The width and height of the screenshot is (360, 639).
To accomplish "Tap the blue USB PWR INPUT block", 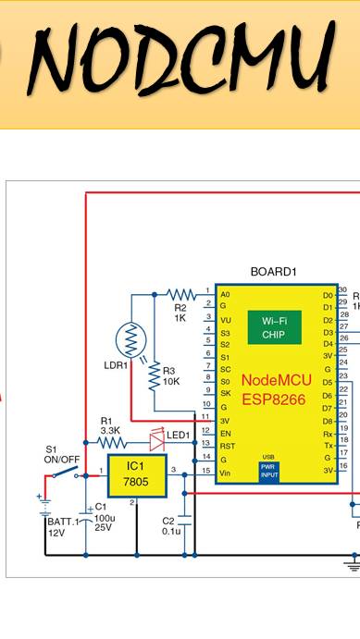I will click(x=268, y=471).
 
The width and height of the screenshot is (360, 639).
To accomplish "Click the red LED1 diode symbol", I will click(x=156, y=434).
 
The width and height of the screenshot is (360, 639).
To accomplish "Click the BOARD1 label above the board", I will click(x=273, y=272).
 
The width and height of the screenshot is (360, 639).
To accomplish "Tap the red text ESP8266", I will click(x=274, y=399).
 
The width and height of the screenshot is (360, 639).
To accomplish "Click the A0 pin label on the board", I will click(x=225, y=294).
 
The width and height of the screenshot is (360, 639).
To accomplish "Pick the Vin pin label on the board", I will click(x=226, y=472).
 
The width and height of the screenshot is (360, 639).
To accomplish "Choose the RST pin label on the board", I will click(x=226, y=445).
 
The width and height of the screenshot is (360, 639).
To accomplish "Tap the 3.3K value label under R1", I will click(x=110, y=431).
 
